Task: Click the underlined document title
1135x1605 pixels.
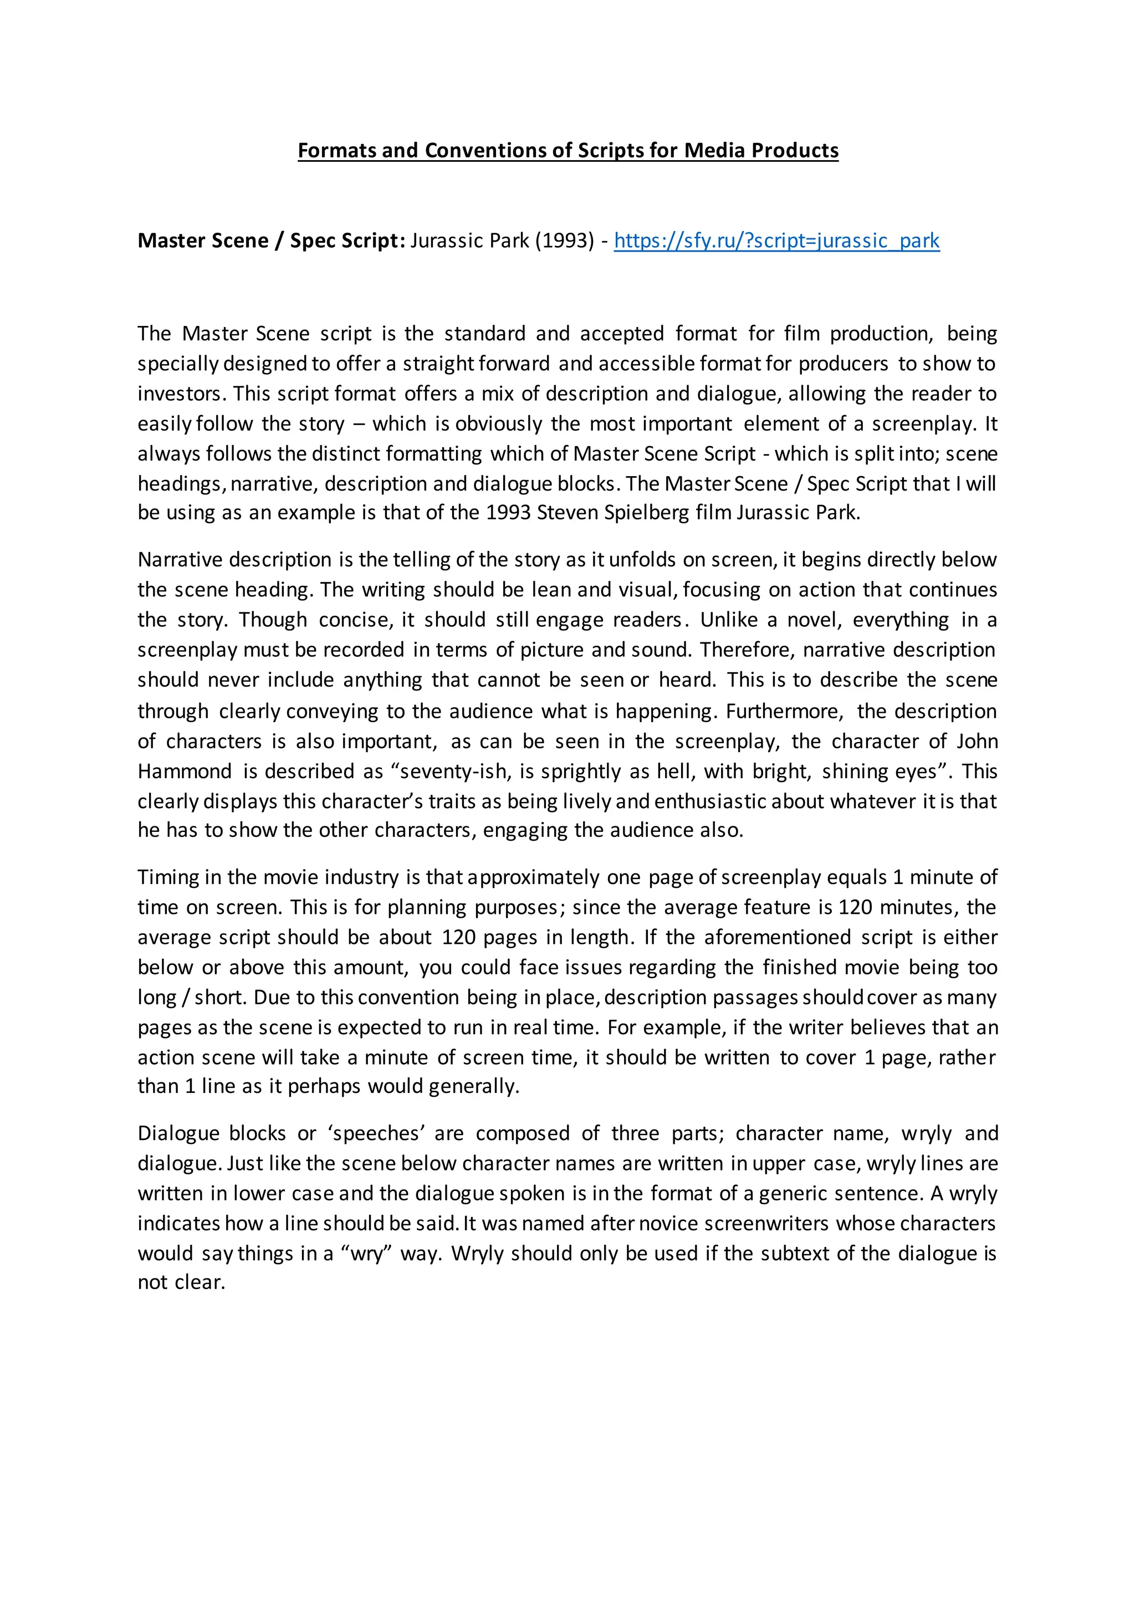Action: (567, 150)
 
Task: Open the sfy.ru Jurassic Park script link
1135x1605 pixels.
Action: (776, 241)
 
